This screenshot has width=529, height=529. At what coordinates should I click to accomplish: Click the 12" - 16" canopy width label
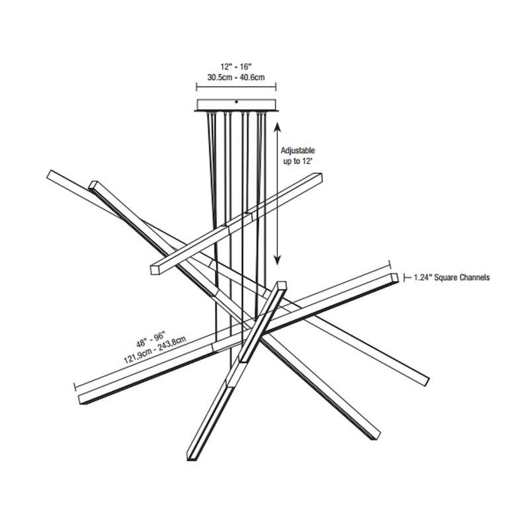(x=236, y=67)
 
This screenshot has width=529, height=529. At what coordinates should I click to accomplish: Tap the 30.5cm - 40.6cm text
(x=236, y=77)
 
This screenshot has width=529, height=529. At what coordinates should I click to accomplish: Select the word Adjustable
(x=298, y=151)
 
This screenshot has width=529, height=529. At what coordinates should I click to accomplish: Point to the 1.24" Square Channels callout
(x=452, y=278)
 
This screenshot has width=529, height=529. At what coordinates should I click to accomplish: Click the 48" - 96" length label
(x=151, y=339)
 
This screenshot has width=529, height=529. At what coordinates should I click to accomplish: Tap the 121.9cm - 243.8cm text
(x=155, y=350)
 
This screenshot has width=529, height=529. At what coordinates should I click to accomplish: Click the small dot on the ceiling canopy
(x=236, y=102)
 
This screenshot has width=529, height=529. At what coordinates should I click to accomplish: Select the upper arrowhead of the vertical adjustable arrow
(x=277, y=128)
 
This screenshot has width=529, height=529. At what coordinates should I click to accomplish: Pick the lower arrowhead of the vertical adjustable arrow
(x=277, y=259)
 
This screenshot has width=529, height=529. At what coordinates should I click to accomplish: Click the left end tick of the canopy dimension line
(x=196, y=87)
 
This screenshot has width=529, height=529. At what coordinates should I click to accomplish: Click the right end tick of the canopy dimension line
(x=276, y=87)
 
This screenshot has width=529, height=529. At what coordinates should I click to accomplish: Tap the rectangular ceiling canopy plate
(x=236, y=105)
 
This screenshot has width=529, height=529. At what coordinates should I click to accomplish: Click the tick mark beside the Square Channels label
(x=405, y=278)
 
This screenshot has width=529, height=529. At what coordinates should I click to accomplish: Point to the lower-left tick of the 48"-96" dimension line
(x=75, y=387)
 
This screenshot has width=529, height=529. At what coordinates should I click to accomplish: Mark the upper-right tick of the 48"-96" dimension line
(x=390, y=264)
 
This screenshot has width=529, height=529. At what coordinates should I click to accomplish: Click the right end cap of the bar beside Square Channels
(x=395, y=277)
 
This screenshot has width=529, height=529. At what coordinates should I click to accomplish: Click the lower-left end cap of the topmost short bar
(x=155, y=270)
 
